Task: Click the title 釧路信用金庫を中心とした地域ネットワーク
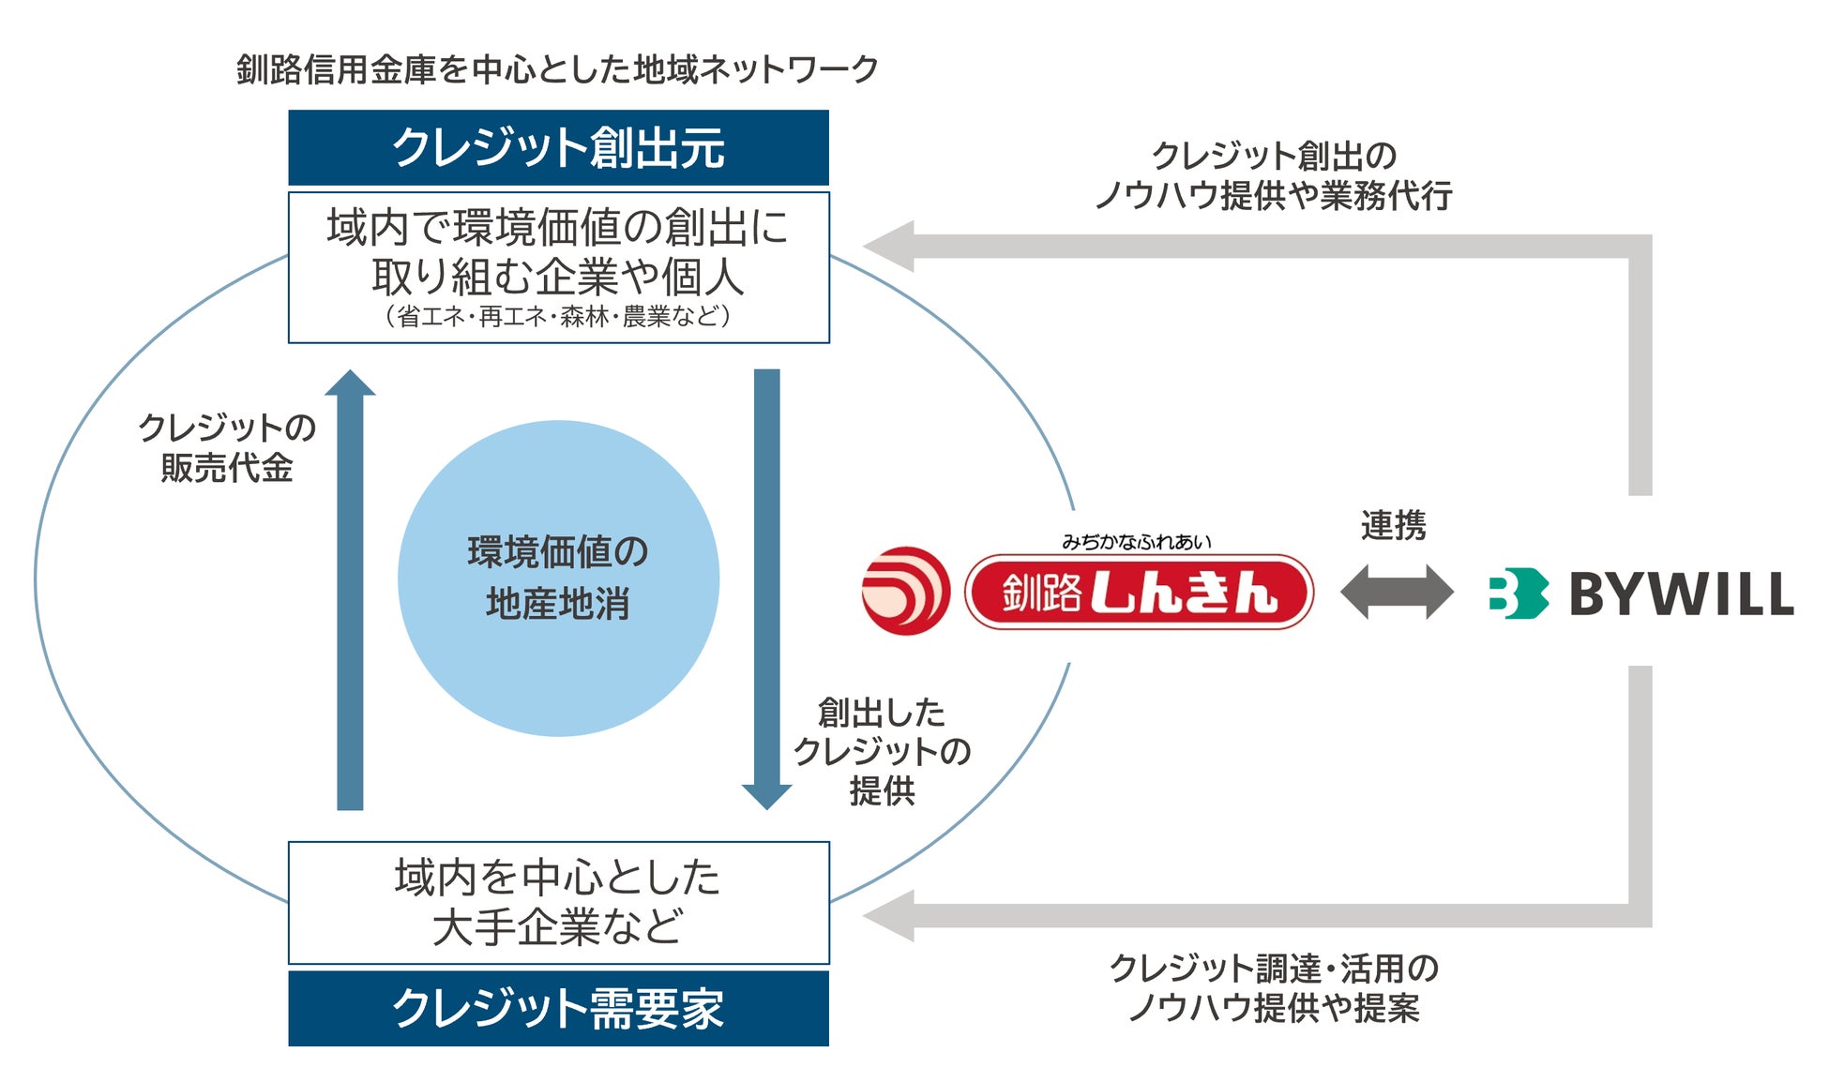point(557,69)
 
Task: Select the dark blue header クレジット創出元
point(558,147)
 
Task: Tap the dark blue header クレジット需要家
point(558,1008)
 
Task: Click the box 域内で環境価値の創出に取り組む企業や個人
point(558,253)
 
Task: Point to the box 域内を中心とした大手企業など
point(558,902)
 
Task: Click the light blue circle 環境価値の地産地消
point(558,578)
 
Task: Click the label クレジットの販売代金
point(227,447)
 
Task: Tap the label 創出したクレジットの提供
point(882,751)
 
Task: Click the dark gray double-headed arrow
point(1397,592)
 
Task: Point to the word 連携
point(1393,525)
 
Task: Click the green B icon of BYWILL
point(1517,594)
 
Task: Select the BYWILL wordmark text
point(1681,594)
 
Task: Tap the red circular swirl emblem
point(905,591)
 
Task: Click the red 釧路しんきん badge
point(1139,593)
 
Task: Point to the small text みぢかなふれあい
point(1136,541)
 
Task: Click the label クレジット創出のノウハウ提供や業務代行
point(1274,175)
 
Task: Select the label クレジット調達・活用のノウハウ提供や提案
point(1274,987)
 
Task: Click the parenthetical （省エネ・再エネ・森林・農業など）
point(558,316)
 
